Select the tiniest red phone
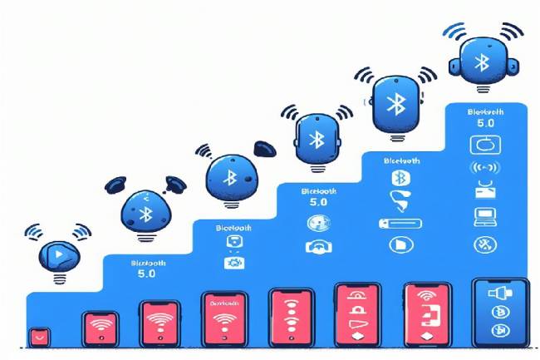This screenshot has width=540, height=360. click(x=37, y=336)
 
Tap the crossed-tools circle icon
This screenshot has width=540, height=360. click(x=485, y=244)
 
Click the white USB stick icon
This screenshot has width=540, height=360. click(x=400, y=223)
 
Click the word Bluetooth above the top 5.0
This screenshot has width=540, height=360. click(x=485, y=111)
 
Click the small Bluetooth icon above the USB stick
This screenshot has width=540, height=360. click(x=400, y=178)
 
